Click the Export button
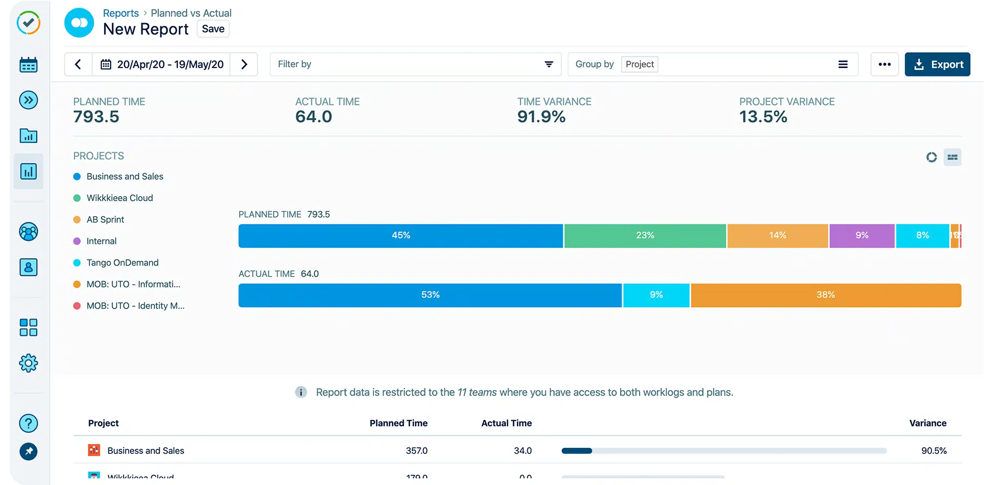(x=937, y=65)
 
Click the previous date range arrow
(x=78, y=65)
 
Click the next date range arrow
(x=244, y=65)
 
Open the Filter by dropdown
(x=415, y=65)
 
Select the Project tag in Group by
(x=640, y=65)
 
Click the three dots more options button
(x=884, y=65)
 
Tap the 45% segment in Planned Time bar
(x=400, y=236)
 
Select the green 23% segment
(x=645, y=236)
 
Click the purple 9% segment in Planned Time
(x=861, y=236)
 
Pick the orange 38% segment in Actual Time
(x=825, y=295)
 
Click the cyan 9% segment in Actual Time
(x=656, y=295)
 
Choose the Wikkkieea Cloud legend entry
(x=119, y=198)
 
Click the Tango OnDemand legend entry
(x=122, y=263)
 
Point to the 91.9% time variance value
(x=541, y=117)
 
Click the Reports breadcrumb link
(x=120, y=13)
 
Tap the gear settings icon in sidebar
(x=29, y=363)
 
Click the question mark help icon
(x=29, y=424)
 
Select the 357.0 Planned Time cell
(x=416, y=451)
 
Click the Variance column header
(x=927, y=424)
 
